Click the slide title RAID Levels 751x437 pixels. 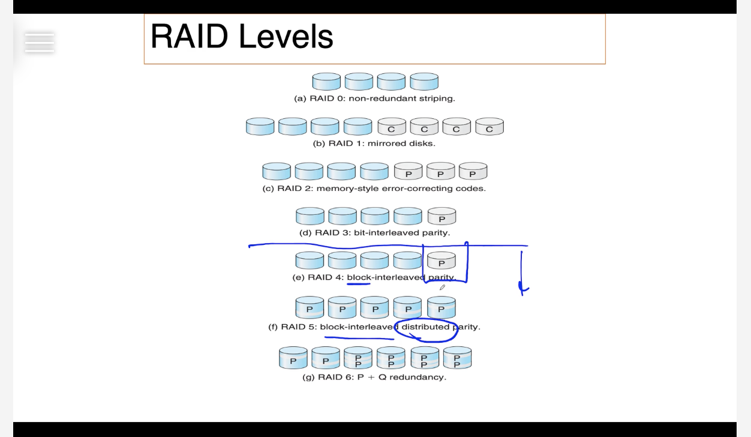pos(242,36)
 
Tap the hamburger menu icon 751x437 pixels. pos(40,43)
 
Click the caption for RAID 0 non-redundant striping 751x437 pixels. pos(374,98)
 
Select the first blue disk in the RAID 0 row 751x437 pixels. pos(326,82)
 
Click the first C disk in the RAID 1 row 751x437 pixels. pos(392,127)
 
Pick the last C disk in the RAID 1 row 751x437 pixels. pos(489,127)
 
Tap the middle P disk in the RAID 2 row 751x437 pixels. pos(440,171)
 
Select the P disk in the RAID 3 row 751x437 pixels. pos(442,216)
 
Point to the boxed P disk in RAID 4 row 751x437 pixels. pos(441,261)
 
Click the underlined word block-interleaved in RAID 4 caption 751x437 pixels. pos(386,277)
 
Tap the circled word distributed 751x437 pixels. pos(425,327)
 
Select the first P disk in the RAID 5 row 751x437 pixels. pos(310,307)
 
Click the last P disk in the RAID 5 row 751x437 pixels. pos(441,307)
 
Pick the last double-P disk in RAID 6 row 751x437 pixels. pos(457,358)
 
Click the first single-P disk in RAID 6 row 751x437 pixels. pos(293,358)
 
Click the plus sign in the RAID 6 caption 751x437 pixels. pos(371,377)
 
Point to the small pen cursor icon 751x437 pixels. pos(442,288)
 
